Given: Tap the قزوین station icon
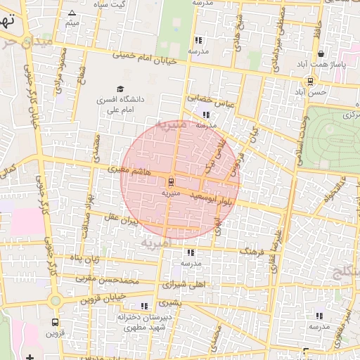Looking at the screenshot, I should [55, 321].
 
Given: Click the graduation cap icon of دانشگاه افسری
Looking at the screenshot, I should [120, 89].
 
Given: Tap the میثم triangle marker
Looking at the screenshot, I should [72, 13].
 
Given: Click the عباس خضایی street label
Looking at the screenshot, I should [204, 101].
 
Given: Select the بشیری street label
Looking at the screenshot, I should [169, 302].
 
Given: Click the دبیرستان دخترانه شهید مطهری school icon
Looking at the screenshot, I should [144, 306].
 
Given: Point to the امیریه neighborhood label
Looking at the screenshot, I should [155, 243].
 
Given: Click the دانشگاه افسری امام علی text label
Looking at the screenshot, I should [120, 105].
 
